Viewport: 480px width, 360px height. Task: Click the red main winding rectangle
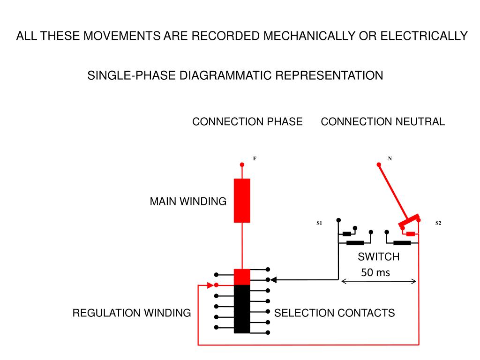[x=242, y=201]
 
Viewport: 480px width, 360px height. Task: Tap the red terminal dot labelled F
[x=242, y=165]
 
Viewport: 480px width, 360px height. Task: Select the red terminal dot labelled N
[x=379, y=165]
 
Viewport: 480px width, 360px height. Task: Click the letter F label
[x=255, y=158]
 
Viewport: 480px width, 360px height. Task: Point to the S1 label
[x=319, y=223]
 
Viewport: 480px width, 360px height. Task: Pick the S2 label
[x=438, y=223]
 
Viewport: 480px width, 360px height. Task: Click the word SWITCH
[x=379, y=256]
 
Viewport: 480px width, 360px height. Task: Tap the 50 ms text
[x=375, y=272]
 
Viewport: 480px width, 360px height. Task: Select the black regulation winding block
[x=242, y=309]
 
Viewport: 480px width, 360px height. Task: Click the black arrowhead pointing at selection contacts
[x=274, y=280]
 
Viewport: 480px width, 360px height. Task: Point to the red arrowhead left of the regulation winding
[x=210, y=285]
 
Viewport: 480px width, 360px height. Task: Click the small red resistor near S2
[x=411, y=234]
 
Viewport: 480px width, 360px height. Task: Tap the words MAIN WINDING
[x=188, y=202]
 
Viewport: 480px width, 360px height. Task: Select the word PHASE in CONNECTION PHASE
[x=285, y=121]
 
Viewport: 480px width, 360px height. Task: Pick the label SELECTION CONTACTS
[x=334, y=313]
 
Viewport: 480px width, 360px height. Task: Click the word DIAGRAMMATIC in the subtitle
[x=225, y=75]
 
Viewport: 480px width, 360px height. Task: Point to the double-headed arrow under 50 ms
[x=379, y=281]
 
